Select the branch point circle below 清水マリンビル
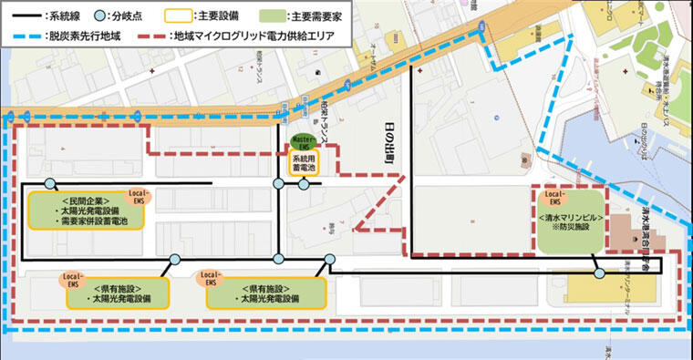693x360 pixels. pyautogui.click(x=599, y=273)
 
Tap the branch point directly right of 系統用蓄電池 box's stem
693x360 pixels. pyautogui.click(x=303, y=185)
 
